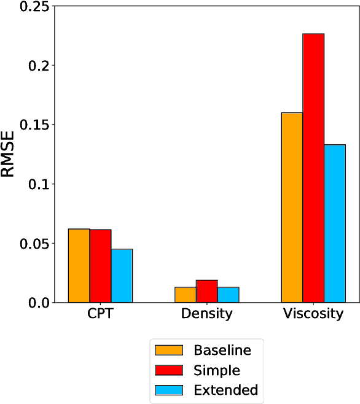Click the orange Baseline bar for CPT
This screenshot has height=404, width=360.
tap(79, 265)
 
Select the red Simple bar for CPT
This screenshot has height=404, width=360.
tap(100, 266)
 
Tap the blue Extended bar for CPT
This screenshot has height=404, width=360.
tap(122, 276)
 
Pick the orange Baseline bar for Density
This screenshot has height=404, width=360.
tap(185, 295)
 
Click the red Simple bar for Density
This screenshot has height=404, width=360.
tap(206, 292)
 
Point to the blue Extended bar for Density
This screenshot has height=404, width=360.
tap(228, 295)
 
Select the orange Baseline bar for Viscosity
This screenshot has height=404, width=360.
tap(292, 208)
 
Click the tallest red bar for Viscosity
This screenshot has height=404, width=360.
tap(313, 168)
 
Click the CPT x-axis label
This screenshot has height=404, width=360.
tap(100, 314)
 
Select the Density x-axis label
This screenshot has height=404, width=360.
tap(206, 314)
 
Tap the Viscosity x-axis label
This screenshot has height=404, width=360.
tap(313, 314)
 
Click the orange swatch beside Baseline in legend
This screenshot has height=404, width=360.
tap(169, 351)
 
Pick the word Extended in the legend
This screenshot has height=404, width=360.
tap(225, 390)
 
